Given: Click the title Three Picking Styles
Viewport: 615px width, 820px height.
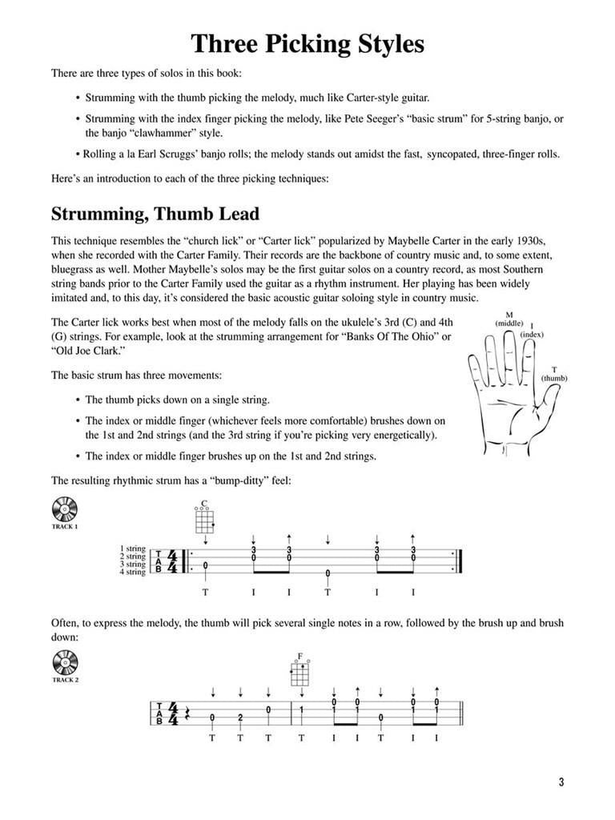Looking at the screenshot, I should tap(307, 44).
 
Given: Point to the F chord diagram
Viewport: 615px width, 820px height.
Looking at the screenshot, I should tap(300, 671).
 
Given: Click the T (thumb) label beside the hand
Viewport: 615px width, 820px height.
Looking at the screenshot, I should tap(553, 373).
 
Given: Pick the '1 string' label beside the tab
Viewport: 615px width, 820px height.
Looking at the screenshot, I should tap(132, 549).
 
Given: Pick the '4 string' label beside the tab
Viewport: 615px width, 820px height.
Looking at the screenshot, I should tap(132, 572).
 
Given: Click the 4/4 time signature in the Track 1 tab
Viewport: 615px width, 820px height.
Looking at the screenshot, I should tap(174, 561).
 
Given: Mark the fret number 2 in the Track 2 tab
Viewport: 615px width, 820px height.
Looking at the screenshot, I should tap(239, 717).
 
